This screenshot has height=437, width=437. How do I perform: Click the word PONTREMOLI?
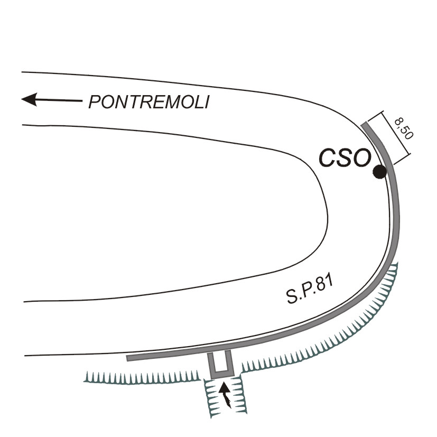point(149,102)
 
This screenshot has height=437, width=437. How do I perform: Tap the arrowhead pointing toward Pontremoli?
point(29,99)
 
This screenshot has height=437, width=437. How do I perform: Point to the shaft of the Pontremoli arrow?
point(59,100)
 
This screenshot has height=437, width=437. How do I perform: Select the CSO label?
point(345,158)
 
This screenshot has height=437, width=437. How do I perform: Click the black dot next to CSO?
point(379,171)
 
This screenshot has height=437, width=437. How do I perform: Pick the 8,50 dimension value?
point(404,128)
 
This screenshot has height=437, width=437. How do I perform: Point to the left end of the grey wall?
point(127,358)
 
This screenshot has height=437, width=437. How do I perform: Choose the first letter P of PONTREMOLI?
point(94,102)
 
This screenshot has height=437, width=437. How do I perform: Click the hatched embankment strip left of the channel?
point(142,378)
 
